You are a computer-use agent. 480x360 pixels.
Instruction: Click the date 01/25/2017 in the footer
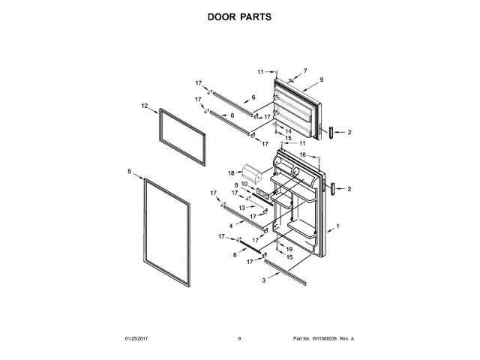point(138,339)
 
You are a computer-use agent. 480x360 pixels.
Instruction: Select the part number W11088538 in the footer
point(327,339)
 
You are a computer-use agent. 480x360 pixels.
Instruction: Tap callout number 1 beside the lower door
point(338,226)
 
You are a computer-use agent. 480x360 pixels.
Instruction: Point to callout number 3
point(264,280)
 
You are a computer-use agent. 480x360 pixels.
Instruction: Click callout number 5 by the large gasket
point(129,172)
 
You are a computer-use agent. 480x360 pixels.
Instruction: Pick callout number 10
point(244,184)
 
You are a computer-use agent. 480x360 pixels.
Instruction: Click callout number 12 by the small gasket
point(144,106)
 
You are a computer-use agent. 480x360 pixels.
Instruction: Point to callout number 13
point(241,207)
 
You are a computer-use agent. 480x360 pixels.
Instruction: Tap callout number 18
point(232,172)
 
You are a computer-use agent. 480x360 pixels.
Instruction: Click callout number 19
point(289,248)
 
